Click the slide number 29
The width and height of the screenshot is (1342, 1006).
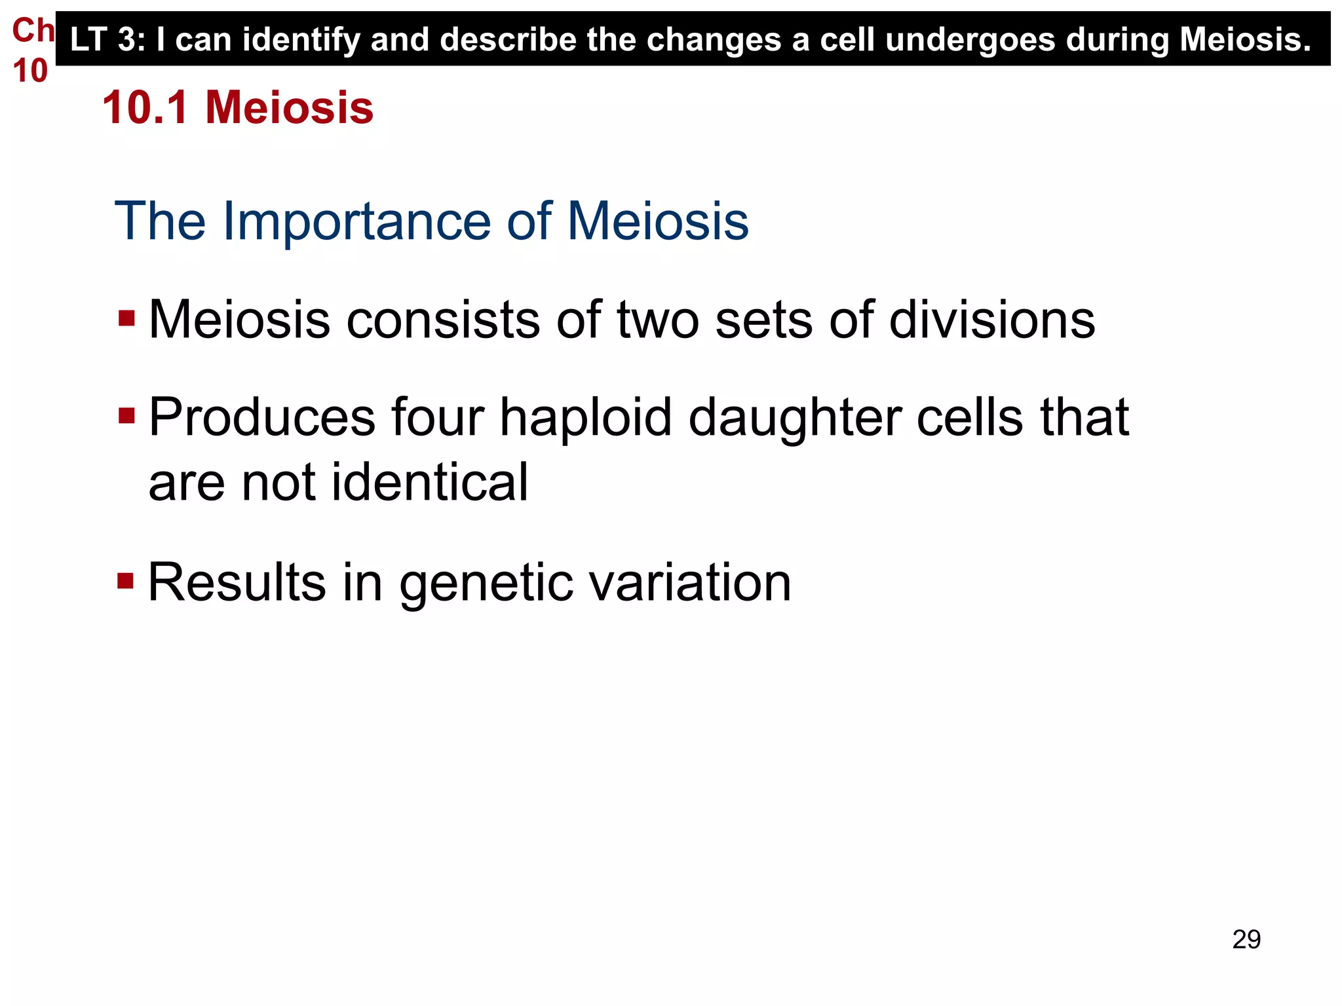1246,939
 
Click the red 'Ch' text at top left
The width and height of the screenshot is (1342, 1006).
33,31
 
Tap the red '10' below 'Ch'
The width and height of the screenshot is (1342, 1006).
30,71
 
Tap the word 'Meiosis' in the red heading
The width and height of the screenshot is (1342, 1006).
289,107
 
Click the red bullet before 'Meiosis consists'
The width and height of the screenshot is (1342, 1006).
126,319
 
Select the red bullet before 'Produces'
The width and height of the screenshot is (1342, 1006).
126,416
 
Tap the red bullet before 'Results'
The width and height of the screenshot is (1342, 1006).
126,581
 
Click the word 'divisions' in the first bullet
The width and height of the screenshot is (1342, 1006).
991,320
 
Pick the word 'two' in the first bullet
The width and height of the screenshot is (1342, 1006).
658,320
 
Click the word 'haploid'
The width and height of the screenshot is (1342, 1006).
585,418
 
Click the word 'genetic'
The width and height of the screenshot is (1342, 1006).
486,583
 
